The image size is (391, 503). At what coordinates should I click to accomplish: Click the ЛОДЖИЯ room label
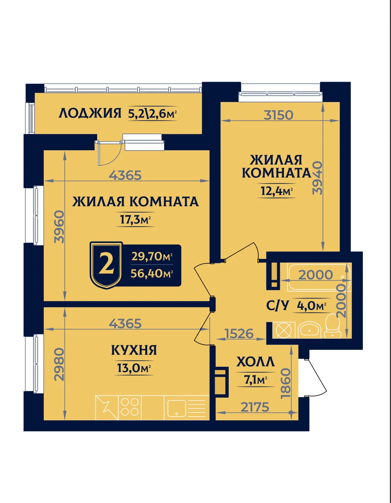[90, 114]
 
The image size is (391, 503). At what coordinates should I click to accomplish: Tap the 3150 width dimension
[278, 115]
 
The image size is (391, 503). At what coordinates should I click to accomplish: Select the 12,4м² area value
[277, 191]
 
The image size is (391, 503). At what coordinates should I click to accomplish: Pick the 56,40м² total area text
[152, 274]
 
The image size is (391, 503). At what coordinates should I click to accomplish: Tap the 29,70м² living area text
[152, 256]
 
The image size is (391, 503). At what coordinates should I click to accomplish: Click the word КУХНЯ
[134, 350]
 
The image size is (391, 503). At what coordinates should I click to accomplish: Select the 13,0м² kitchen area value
[134, 368]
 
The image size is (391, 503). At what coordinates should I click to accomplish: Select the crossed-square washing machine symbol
[284, 330]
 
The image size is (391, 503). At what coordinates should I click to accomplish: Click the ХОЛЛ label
[255, 362]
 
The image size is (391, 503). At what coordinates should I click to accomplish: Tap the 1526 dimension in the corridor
[239, 333]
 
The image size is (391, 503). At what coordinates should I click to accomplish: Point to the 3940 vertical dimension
[317, 178]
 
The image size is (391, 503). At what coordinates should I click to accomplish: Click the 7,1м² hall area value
[255, 380]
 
